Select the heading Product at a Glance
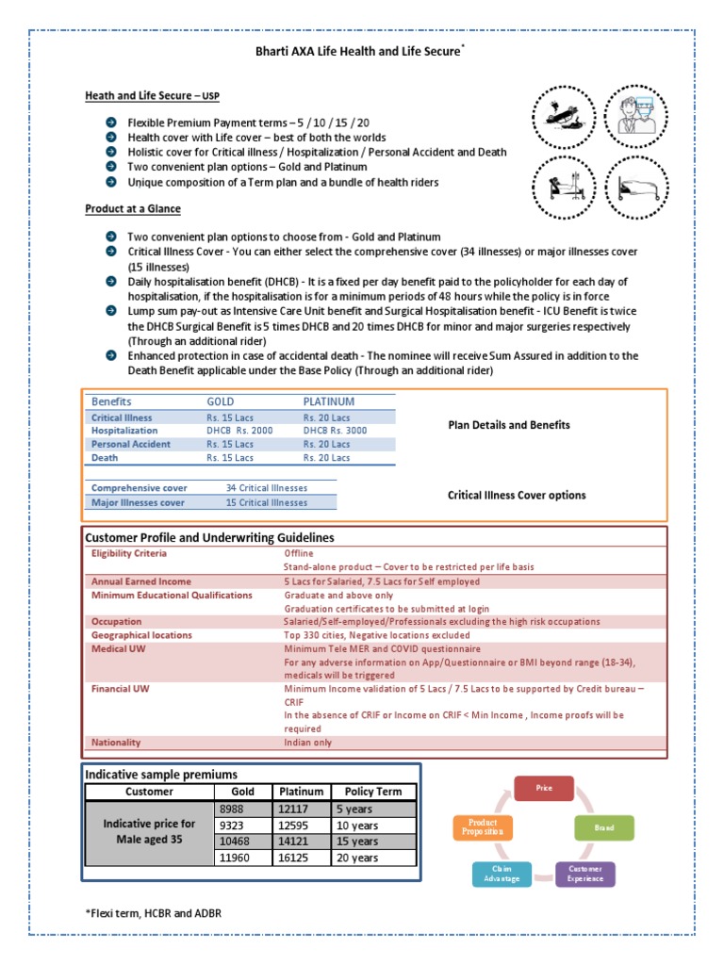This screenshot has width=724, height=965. (x=133, y=208)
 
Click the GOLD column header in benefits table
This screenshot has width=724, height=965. (x=222, y=401)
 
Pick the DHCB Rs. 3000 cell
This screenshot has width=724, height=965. (x=335, y=431)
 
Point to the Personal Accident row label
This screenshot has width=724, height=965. (x=131, y=444)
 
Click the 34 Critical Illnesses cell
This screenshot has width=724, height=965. (x=266, y=488)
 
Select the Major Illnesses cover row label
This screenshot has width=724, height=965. (x=138, y=502)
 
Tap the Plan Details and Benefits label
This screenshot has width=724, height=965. (x=508, y=425)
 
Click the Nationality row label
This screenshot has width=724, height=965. (x=116, y=743)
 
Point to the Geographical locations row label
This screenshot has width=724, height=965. (x=140, y=635)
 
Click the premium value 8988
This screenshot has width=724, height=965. (x=231, y=810)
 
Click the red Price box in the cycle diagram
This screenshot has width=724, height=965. (x=543, y=788)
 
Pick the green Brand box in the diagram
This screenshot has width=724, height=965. (x=603, y=828)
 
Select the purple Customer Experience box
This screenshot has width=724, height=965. (x=584, y=873)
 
